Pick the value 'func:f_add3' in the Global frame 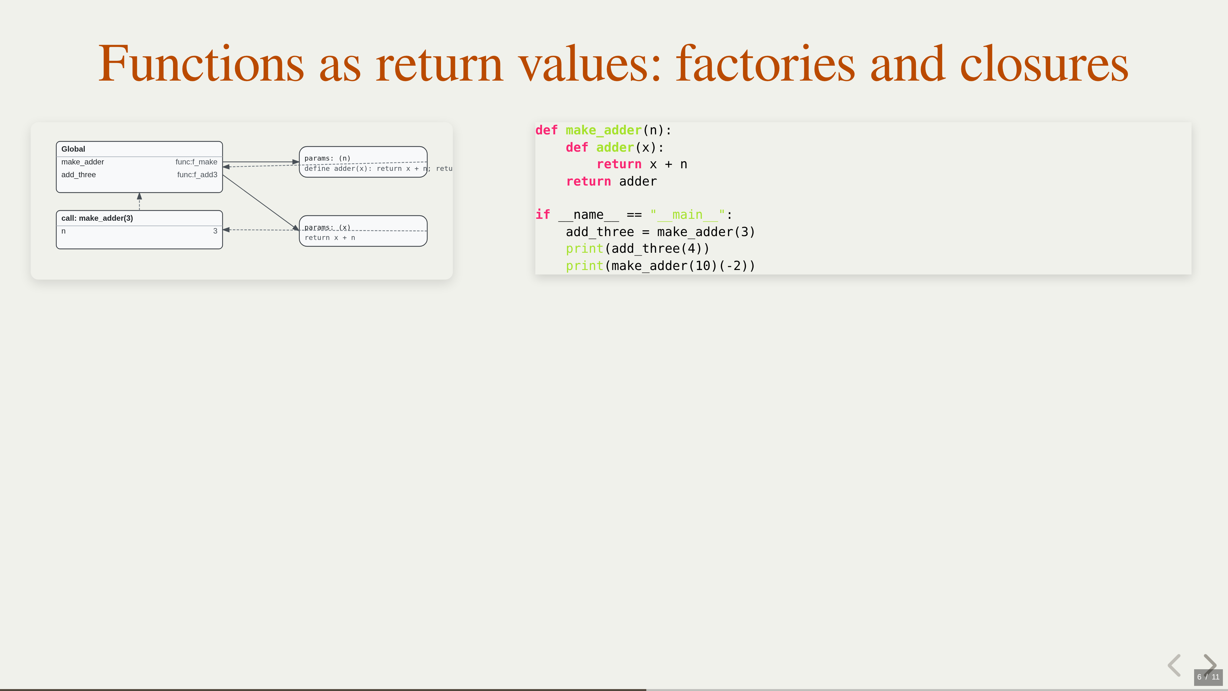click(x=197, y=175)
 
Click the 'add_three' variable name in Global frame click(x=79, y=175)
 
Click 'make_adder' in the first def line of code click(x=603, y=130)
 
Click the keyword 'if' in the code click(x=542, y=215)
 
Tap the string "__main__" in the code click(x=687, y=215)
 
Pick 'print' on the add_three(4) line click(x=585, y=249)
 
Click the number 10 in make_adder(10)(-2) click(x=703, y=266)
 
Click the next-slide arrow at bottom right click(x=1210, y=664)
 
